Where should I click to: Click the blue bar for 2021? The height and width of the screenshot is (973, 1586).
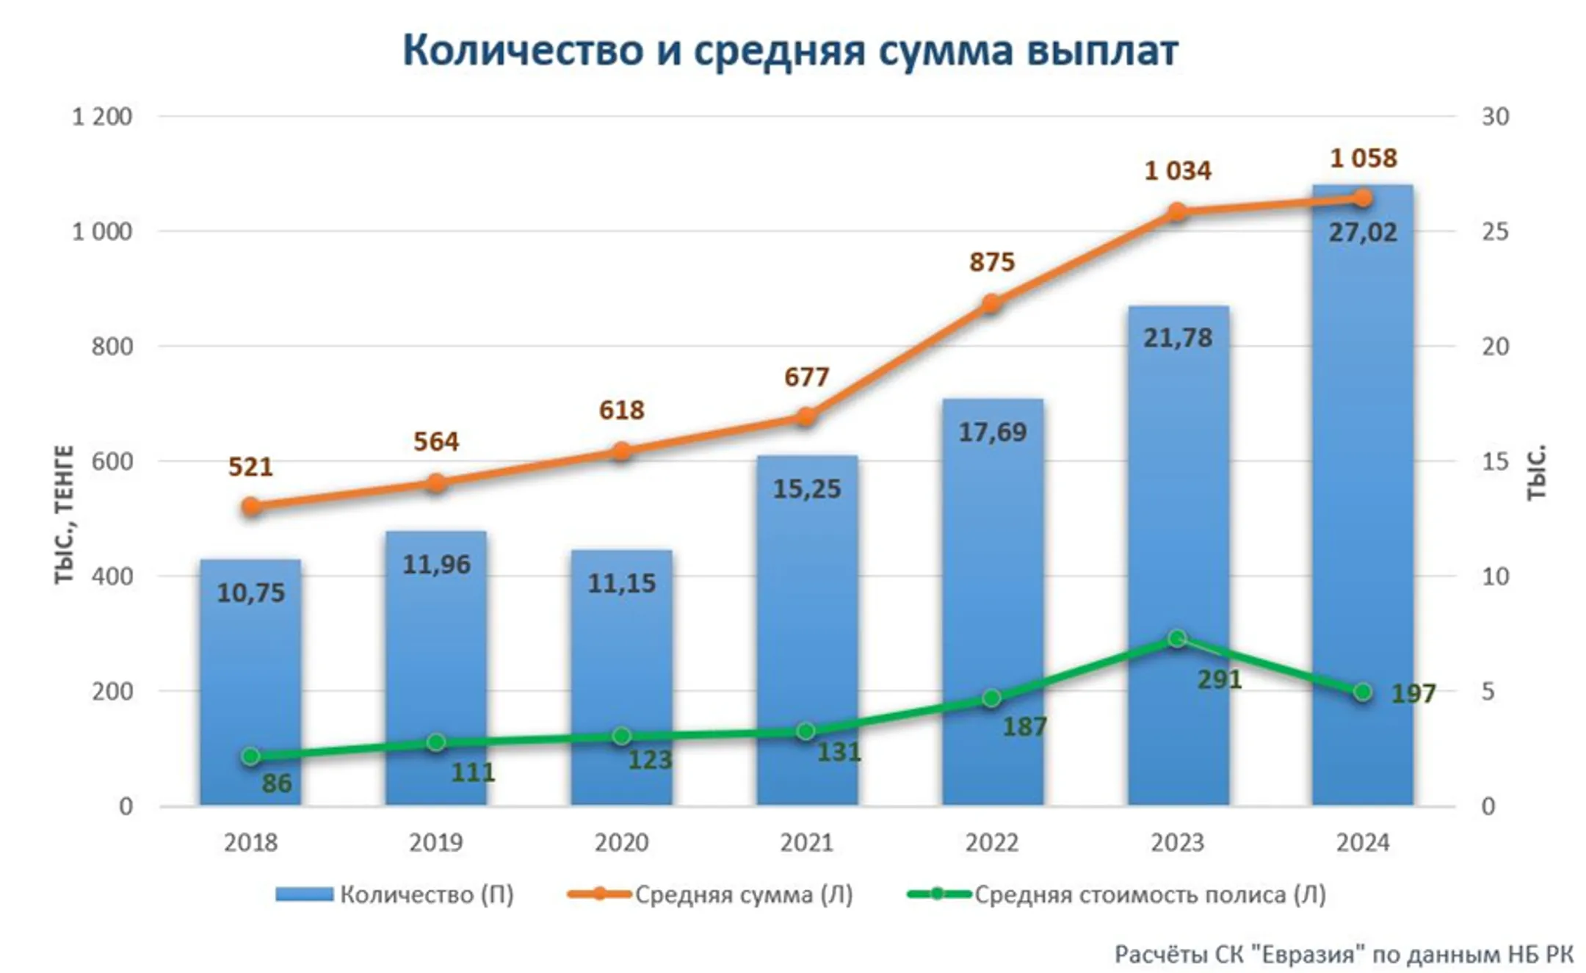[806, 632]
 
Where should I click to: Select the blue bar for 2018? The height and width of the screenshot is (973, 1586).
[250, 683]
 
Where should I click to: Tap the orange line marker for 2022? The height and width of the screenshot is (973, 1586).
[991, 304]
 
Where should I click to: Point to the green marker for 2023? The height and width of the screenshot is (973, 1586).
[1177, 639]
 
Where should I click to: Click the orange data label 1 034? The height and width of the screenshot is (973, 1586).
[1178, 171]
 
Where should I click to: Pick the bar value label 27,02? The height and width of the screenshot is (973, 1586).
[1363, 233]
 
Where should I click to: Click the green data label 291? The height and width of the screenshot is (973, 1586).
[1220, 680]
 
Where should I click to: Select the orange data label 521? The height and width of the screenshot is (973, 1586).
[250, 467]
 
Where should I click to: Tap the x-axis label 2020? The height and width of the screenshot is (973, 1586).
[621, 842]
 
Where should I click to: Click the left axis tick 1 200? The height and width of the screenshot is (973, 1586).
[101, 117]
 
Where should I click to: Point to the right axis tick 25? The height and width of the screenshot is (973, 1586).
[1495, 232]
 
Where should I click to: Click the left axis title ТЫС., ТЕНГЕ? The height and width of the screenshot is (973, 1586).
[65, 514]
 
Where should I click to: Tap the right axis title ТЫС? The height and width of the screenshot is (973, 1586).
[1537, 473]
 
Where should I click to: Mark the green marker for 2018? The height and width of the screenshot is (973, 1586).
[250, 756]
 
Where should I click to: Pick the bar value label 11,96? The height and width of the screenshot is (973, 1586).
[436, 565]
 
